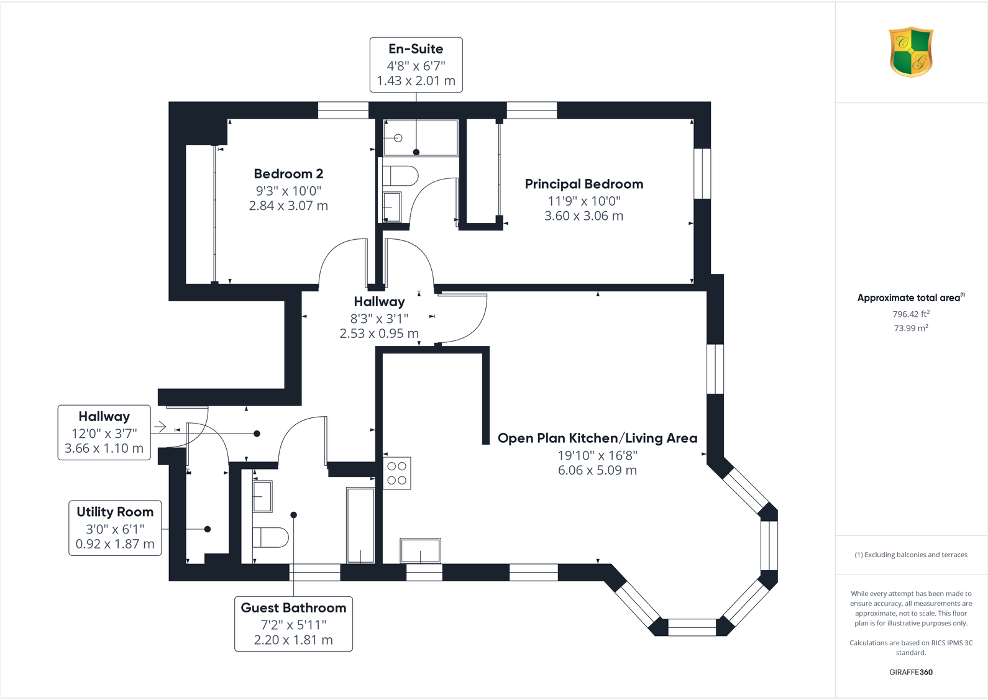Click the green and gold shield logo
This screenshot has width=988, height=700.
[911, 52]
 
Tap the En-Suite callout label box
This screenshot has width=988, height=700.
[416, 65]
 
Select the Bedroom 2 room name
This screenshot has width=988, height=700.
[288, 174]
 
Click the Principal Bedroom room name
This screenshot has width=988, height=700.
[583, 184]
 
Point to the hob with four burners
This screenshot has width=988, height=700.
[396, 473]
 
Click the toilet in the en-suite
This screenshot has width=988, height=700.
[400, 176]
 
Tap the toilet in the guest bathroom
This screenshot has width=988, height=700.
[270, 537]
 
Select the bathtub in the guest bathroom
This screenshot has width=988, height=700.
[360, 525]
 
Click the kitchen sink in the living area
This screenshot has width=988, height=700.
[421, 551]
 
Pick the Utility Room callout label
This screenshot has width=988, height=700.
[115, 528]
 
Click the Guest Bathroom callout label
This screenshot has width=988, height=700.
[293, 624]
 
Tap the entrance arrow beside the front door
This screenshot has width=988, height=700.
[160, 427]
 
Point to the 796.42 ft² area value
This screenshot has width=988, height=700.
[911, 314]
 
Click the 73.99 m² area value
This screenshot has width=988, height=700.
[911, 328]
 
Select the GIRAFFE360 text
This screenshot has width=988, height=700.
[911, 672]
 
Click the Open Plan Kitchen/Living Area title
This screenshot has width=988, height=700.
[597, 439]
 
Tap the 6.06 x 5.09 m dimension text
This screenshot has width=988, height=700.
[597, 470]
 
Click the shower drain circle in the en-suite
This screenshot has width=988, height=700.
[398, 138]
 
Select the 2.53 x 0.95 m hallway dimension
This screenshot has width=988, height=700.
[379, 334]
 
